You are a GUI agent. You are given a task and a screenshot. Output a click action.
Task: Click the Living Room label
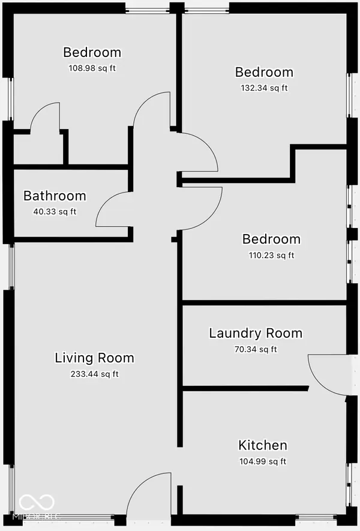[94, 358]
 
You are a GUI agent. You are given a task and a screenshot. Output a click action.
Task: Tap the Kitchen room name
[263, 445]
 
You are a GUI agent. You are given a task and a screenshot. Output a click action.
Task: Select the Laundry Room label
[256, 333]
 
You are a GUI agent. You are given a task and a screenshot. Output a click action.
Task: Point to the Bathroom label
[55, 196]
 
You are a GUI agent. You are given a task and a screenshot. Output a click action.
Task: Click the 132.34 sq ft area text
[264, 88]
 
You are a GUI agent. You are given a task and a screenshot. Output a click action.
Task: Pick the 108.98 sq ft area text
[92, 68]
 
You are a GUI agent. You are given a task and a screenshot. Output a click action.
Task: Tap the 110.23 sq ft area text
[272, 255]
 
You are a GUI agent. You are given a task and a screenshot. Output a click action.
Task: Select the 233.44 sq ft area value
[94, 374]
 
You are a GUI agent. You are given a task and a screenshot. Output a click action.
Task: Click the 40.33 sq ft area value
[55, 212]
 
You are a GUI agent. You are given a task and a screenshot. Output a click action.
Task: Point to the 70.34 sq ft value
[256, 349]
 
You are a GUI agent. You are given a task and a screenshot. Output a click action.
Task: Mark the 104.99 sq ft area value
[263, 461]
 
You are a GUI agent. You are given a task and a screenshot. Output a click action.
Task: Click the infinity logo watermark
[37, 503]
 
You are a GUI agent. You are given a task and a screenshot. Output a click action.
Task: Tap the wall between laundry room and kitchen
[245, 388]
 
